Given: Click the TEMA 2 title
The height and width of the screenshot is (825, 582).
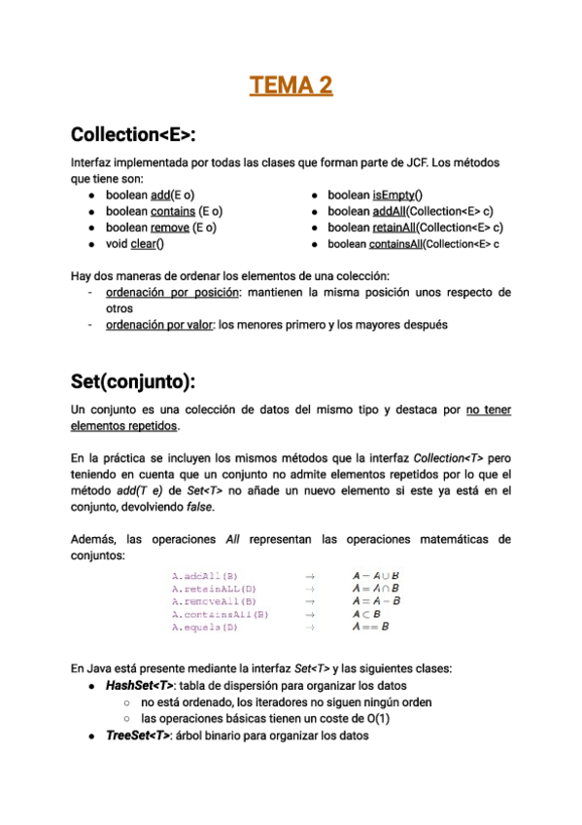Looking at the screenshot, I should tap(291, 86).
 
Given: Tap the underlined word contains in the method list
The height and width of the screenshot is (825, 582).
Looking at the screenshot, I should tap(172, 210).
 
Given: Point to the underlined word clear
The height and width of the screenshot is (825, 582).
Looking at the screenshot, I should tap(148, 243).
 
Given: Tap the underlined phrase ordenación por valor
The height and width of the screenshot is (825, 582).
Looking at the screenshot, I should tap(159, 324).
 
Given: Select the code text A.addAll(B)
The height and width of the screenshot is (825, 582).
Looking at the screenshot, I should tap(204, 576).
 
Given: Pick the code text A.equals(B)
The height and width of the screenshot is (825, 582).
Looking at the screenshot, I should tap(204, 628).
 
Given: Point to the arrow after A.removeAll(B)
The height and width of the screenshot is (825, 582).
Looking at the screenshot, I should tap(310, 601).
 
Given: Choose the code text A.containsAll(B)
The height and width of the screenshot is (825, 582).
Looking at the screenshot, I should tap(220, 615).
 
